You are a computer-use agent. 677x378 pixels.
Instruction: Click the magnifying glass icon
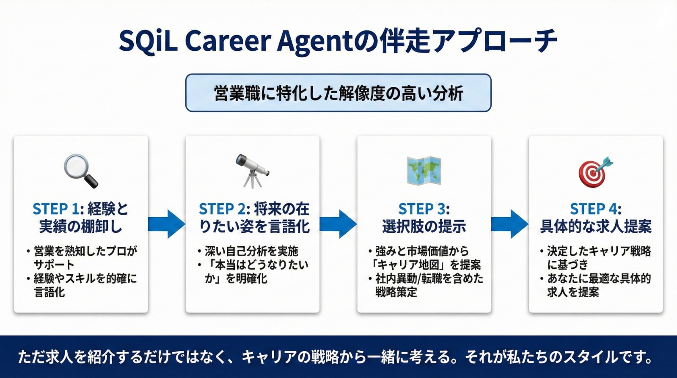click(80, 171)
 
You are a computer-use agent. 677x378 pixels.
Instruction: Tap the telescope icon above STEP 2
click(253, 171)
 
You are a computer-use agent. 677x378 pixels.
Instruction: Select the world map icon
click(424, 171)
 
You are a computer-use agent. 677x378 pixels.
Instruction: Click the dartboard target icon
click(595, 171)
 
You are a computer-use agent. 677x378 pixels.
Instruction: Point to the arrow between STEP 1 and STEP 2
click(167, 224)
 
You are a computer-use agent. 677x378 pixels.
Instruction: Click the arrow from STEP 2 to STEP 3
click(338, 224)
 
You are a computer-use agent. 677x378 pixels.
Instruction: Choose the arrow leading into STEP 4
click(510, 224)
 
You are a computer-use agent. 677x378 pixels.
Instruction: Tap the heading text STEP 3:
click(424, 209)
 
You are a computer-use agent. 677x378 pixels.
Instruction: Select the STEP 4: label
click(595, 209)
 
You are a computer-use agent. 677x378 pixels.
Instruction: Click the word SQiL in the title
click(148, 41)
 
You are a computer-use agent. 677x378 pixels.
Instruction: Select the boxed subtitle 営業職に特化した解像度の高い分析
click(338, 93)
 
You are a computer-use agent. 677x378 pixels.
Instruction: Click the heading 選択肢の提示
click(424, 227)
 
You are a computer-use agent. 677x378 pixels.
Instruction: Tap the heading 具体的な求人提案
click(595, 227)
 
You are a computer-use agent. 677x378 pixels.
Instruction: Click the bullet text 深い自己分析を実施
click(251, 251)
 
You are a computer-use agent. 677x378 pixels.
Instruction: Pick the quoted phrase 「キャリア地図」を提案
click(426, 265)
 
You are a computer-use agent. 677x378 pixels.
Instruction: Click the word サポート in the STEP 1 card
click(54, 265)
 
